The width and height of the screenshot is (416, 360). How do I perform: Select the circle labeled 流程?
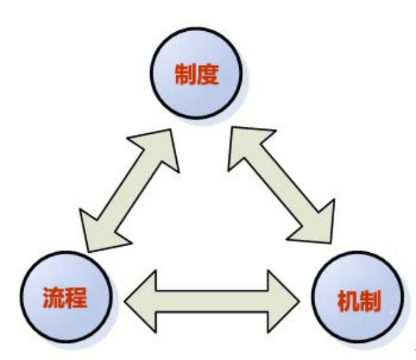[65, 298]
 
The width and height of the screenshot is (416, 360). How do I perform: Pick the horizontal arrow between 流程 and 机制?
[212, 296]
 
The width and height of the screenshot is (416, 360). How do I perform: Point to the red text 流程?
[65, 298]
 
